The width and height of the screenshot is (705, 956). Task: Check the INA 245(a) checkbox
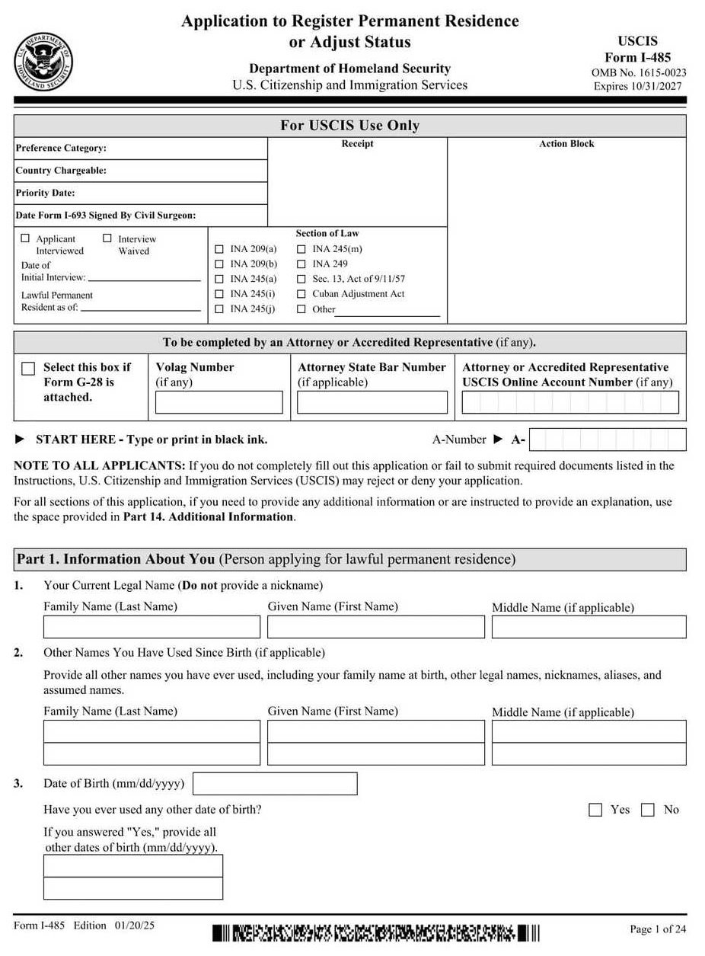[220, 279]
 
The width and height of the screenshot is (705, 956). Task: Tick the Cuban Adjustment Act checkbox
[301, 294]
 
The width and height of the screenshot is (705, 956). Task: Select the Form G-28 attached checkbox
[28, 369]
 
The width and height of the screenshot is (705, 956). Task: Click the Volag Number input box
[219, 402]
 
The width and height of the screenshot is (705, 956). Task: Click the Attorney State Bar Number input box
[372, 402]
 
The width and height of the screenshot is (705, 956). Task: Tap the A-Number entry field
[608, 440]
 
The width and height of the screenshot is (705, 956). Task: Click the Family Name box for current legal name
[152, 627]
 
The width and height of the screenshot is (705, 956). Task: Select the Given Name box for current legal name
[376, 627]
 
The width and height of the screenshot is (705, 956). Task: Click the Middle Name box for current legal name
[589, 627]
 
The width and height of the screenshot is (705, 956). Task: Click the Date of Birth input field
[275, 784]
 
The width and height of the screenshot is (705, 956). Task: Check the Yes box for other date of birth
[595, 810]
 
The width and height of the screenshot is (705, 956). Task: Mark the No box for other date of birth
[648, 810]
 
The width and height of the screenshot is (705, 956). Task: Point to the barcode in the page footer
[376, 932]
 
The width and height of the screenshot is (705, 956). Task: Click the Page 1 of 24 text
[658, 929]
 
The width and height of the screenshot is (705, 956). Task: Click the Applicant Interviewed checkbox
[25, 238]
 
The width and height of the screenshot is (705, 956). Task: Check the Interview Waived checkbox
[107, 238]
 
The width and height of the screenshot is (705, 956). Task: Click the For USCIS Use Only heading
[349, 126]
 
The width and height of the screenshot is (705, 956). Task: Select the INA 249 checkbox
[301, 264]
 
